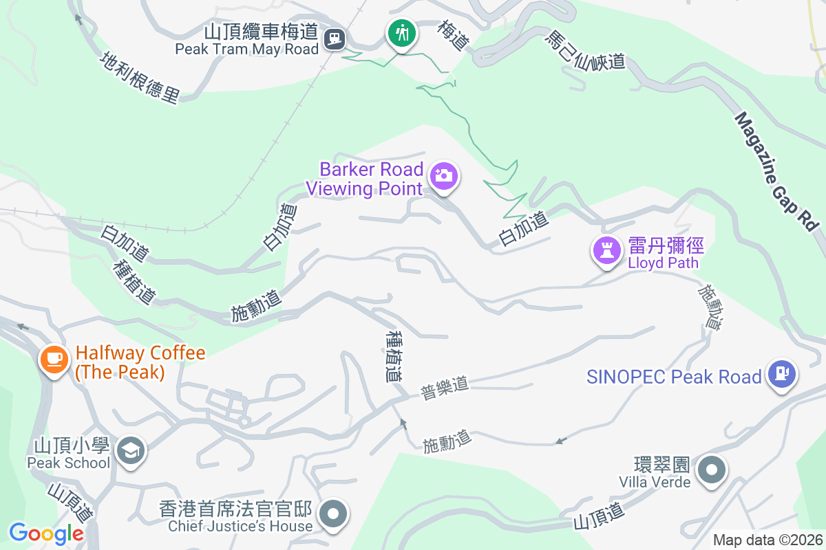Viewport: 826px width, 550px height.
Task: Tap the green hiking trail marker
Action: (x=401, y=32)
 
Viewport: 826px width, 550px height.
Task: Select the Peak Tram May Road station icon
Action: (x=335, y=37)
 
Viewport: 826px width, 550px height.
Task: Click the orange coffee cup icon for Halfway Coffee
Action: (x=54, y=358)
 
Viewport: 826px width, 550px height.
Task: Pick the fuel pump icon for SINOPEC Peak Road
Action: (x=781, y=373)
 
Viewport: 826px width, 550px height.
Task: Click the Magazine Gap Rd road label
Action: (x=776, y=171)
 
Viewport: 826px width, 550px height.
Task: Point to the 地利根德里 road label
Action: (x=140, y=78)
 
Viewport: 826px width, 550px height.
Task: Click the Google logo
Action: (x=46, y=533)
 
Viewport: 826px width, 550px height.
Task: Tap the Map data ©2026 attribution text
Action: (x=767, y=540)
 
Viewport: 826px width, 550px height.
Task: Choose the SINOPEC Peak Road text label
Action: (x=674, y=377)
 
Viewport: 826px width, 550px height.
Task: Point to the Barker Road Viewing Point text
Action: (x=365, y=178)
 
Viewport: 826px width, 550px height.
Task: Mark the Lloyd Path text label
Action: (x=663, y=263)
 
